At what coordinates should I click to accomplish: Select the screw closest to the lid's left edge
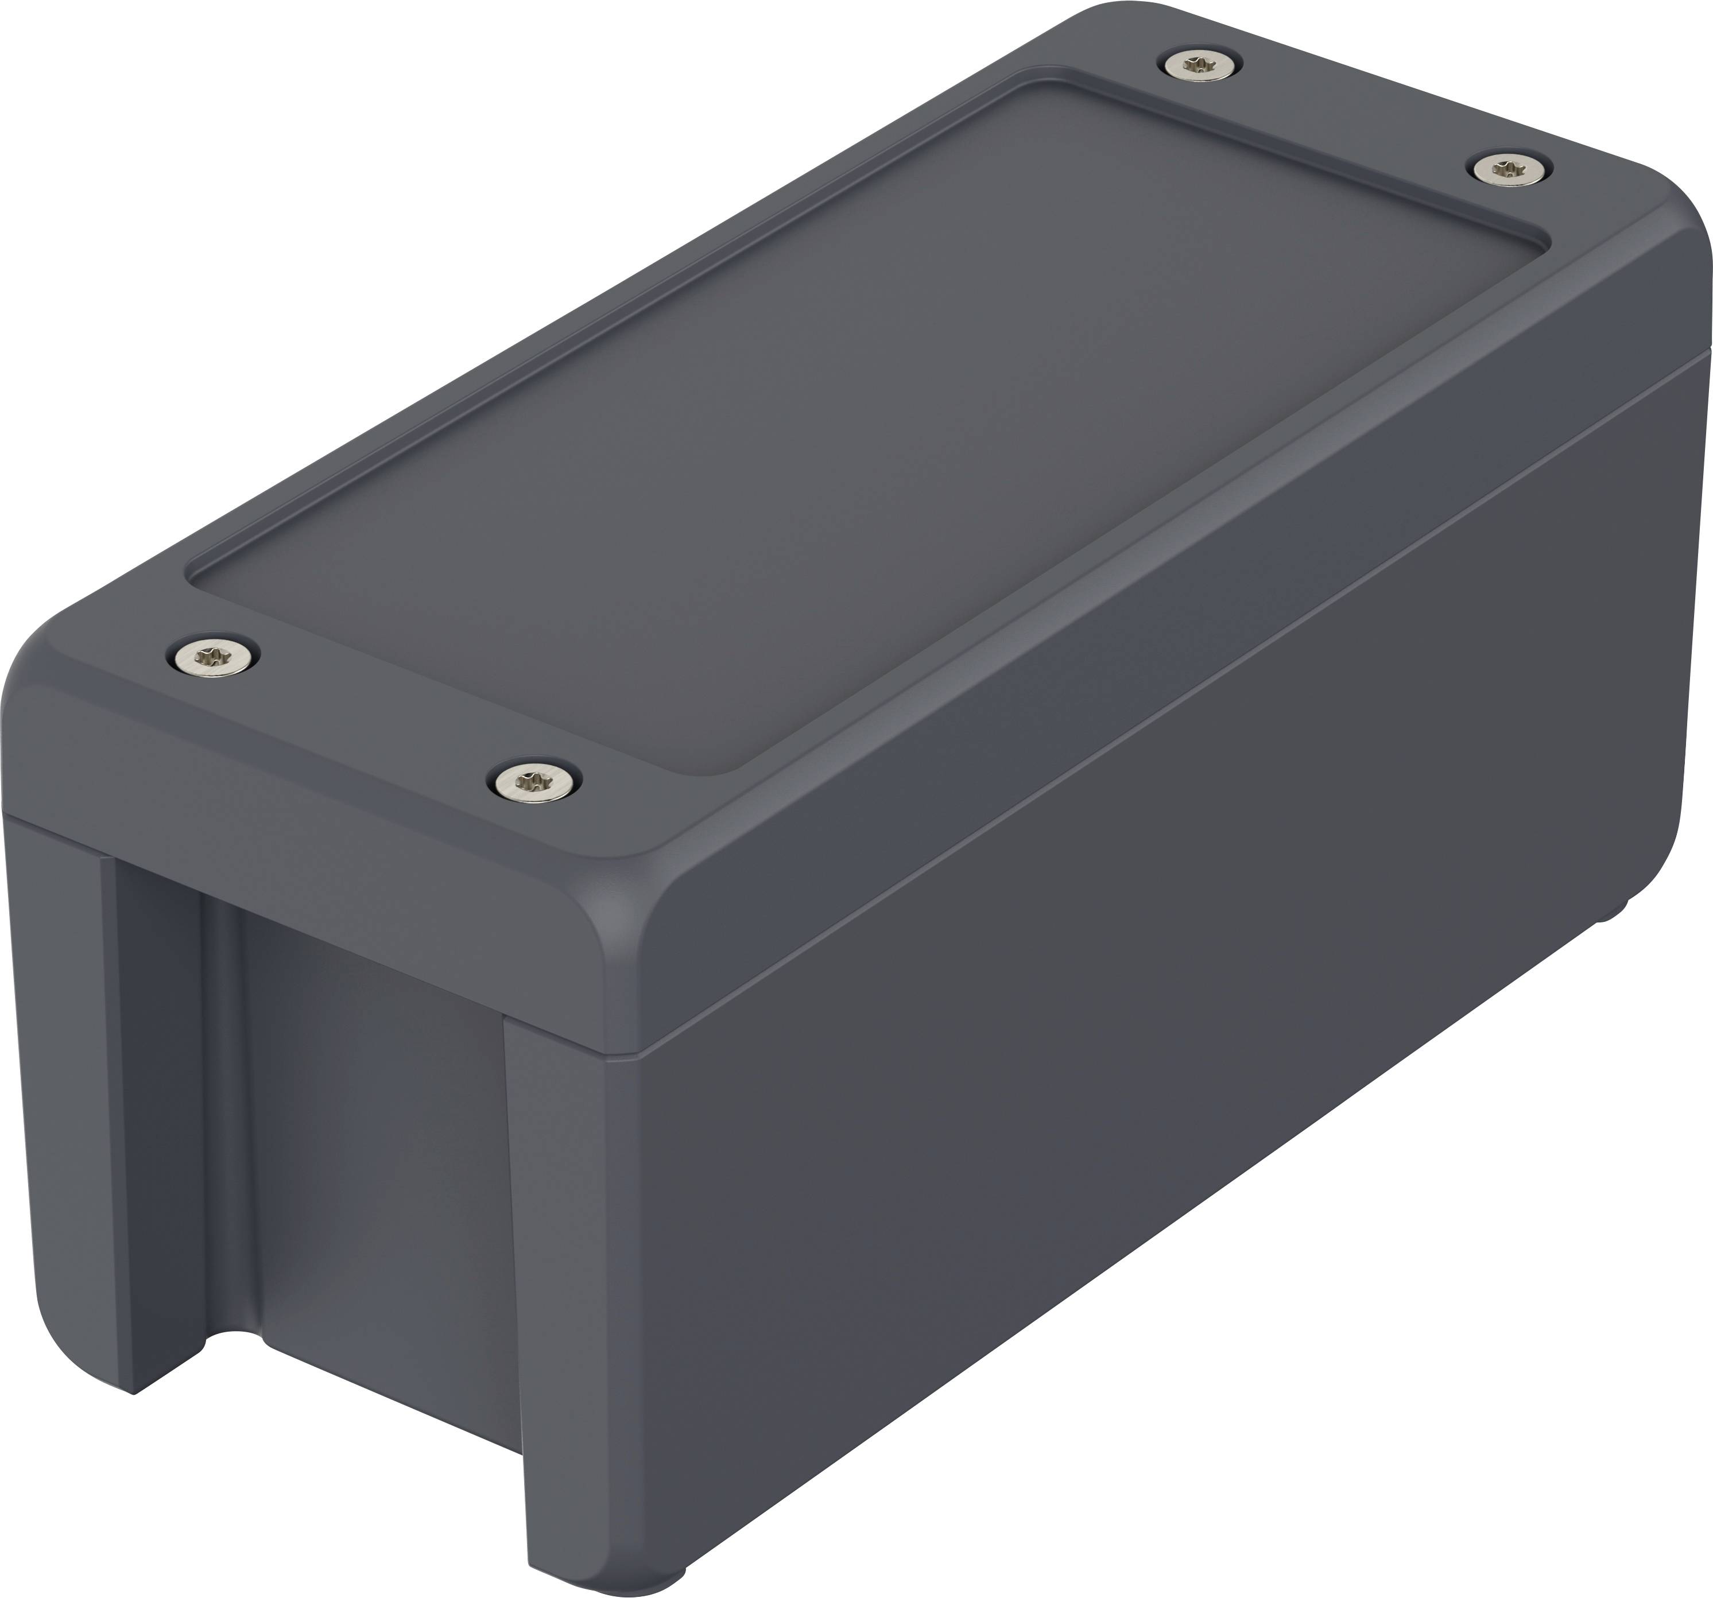213,659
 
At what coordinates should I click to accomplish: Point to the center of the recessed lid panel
862,422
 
